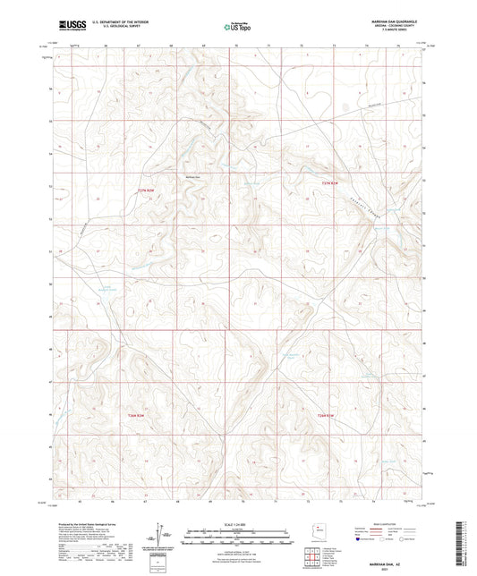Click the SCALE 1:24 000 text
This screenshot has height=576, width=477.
click(238, 521)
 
